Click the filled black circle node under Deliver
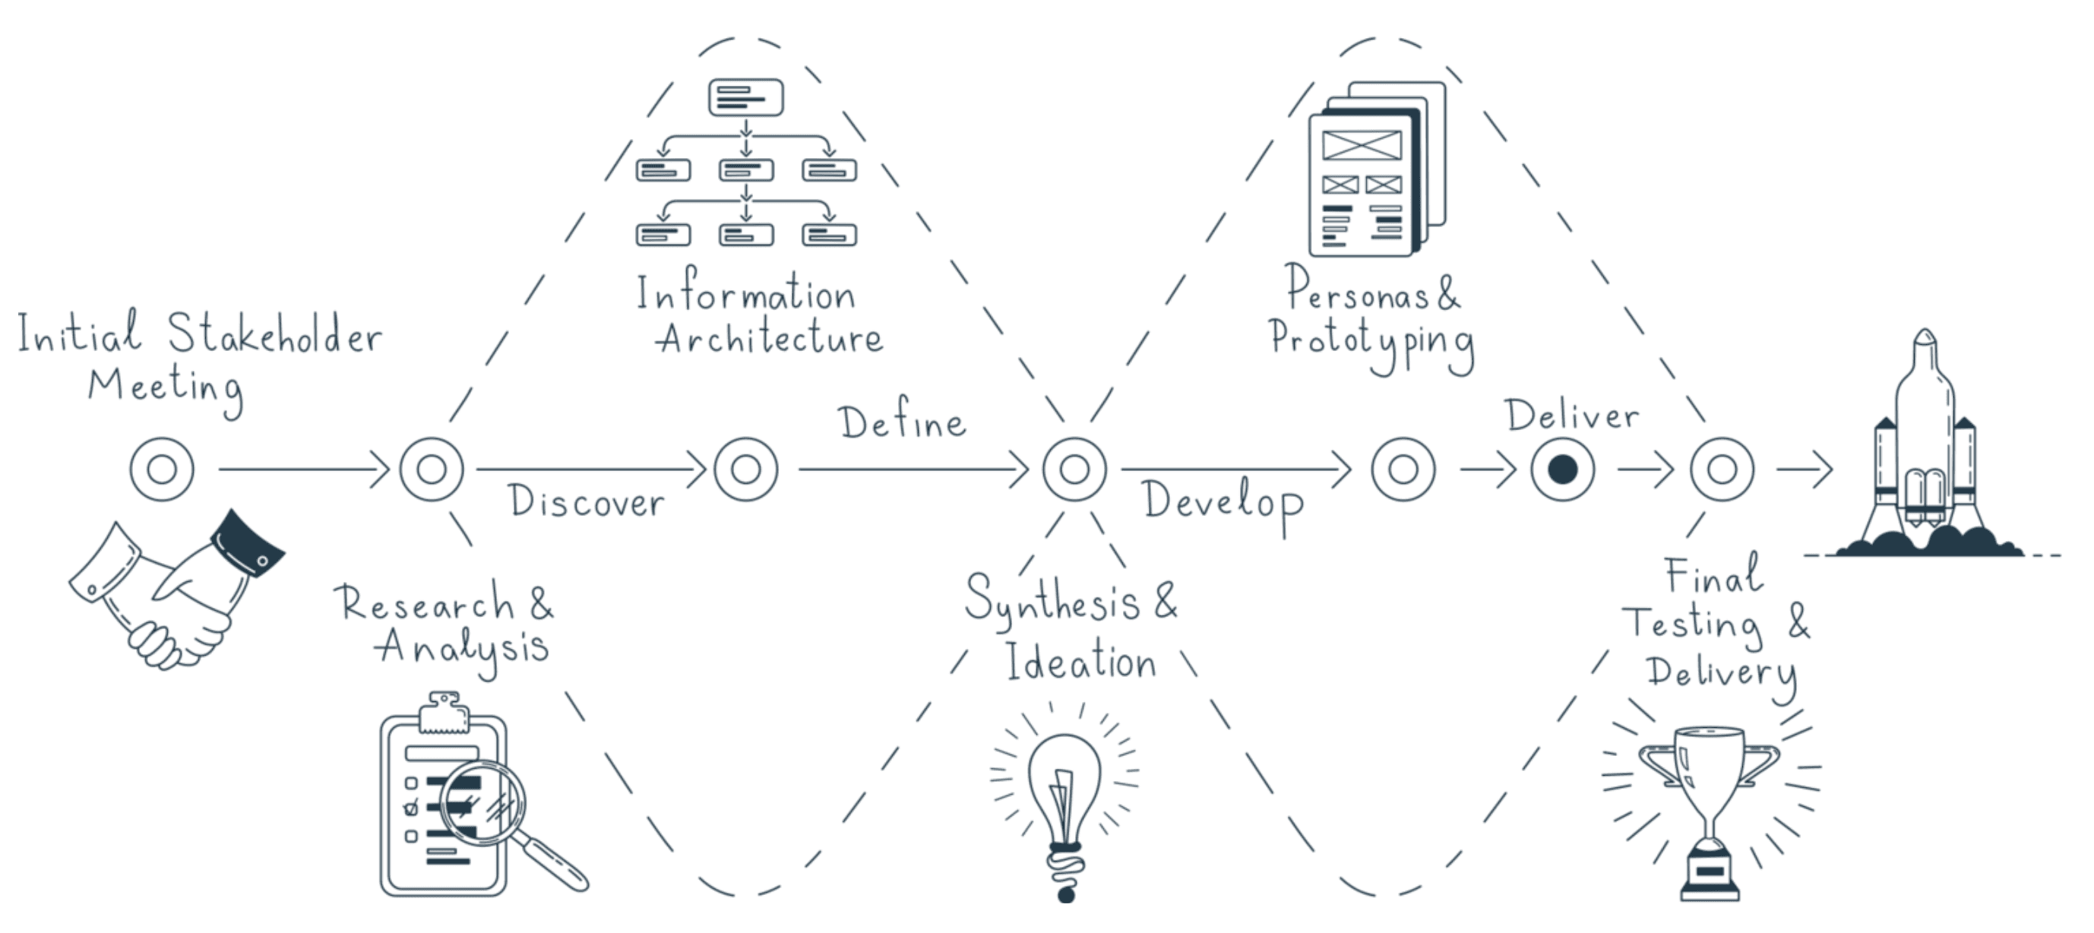tap(1562, 469)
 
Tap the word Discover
tap(586, 502)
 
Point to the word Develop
tap(1223, 502)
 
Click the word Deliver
tap(1571, 416)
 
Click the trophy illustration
tap(1710, 805)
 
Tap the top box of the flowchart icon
tap(745, 97)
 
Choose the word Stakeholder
tap(275, 335)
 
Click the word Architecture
tap(769, 339)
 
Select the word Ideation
tap(1080, 662)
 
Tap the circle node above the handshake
tap(162, 469)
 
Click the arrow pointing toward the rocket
tap(1805, 469)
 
